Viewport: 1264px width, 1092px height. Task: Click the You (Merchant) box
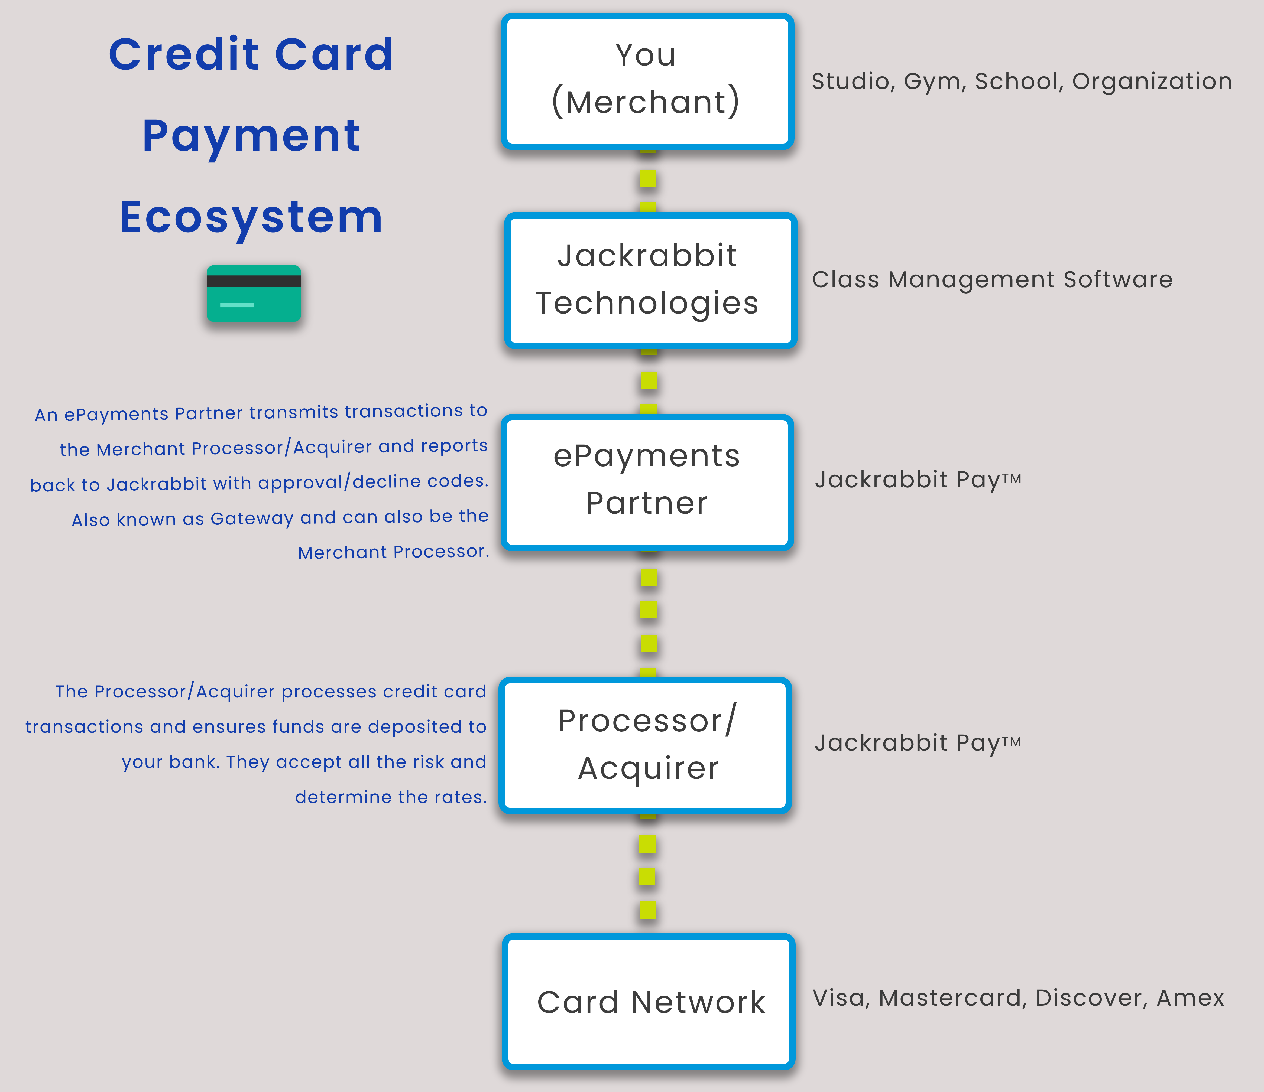(647, 81)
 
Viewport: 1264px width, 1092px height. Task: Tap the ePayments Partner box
(647, 482)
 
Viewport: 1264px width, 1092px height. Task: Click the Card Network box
(649, 1002)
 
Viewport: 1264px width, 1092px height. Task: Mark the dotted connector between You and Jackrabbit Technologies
(648, 179)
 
